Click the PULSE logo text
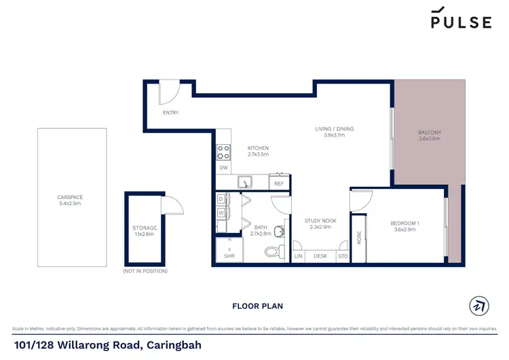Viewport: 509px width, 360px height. (x=461, y=22)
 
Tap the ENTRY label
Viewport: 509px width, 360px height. (x=171, y=113)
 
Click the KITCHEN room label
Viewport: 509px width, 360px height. (x=258, y=148)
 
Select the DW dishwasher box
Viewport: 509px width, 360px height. (x=223, y=168)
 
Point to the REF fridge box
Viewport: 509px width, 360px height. (x=278, y=183)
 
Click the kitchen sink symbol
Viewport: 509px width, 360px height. (x=244, y=182)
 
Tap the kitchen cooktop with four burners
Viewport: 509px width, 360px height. (x=223, y=152)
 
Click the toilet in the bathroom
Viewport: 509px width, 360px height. (x=271, y=253)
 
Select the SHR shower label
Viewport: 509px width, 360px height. (x=229, y=257)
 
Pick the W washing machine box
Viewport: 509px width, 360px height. (x=221, y=213)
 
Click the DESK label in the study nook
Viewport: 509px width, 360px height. (x=320, y=256)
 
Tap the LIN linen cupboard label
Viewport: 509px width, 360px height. (x=298, y=256)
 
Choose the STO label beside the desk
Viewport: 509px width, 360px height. (x=343, y=256)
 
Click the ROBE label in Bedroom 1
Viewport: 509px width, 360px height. (x=359, y=238)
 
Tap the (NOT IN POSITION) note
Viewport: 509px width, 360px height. (x=145, y=271)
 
